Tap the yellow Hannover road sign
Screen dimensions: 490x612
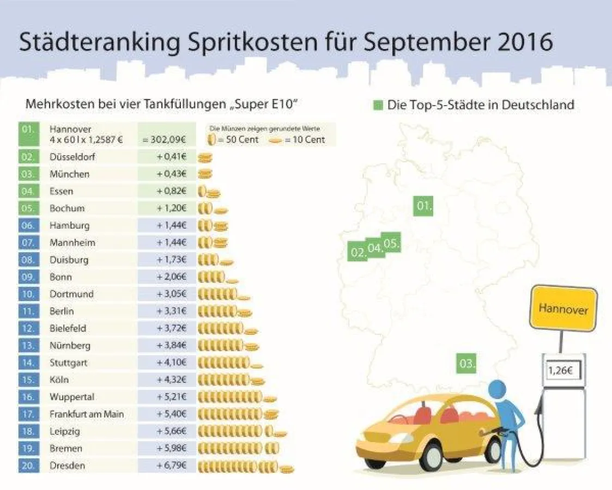(x=563, y=308)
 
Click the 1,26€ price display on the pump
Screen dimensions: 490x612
(x=562, y=371)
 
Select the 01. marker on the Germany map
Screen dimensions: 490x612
(x=423, y=206)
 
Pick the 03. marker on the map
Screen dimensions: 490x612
(x=466, y=363)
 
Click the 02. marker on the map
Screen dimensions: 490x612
(x=357, y=252)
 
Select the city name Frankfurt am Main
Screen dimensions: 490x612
(x=87, y=414)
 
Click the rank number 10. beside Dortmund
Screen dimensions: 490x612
(x=28, y=294)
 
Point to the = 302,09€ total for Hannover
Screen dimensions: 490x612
(x=164, y=139)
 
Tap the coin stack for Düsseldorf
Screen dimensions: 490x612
(x=205, y=157)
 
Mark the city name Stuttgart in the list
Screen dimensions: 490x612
(x=68, y=363)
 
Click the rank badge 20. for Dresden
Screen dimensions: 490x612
(x=28, y=465)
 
